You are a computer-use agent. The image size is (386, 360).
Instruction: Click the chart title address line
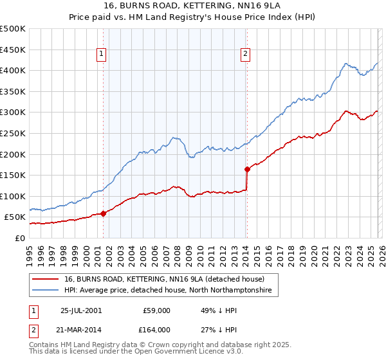(192, 6)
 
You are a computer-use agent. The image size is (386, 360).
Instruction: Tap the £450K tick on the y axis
(13, 50)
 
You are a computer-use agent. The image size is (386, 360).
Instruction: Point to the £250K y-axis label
(13, 133)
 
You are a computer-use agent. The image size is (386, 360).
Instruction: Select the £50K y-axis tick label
(15, 217)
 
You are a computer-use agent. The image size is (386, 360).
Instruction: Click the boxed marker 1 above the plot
(103, 55)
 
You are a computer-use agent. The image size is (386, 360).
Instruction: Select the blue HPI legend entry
(168, 291)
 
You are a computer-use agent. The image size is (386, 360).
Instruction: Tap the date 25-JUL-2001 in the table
(80, 310)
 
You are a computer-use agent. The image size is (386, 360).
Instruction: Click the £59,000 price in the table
(156, 310)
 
